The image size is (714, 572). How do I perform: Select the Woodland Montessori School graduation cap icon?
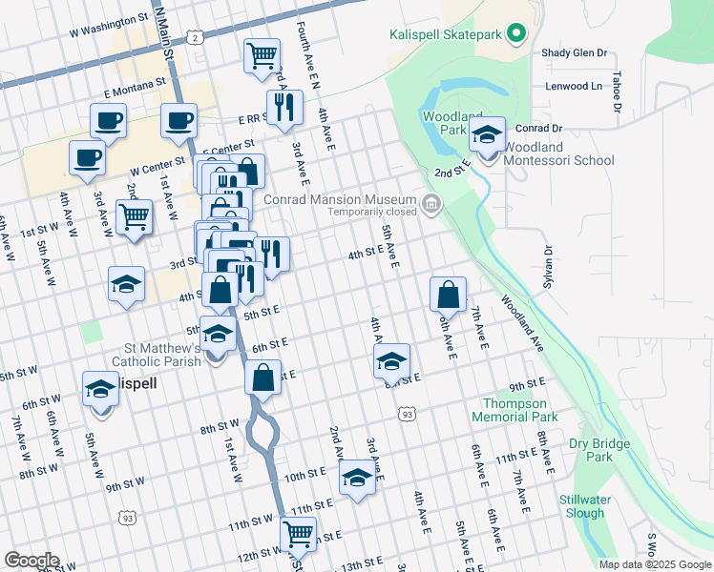(487, 136)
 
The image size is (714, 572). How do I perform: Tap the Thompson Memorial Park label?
(514, 410)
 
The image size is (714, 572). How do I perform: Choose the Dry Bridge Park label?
(598, 450)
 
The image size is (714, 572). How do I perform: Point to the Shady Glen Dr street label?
(574, 54)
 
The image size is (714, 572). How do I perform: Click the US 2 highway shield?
(195, 37)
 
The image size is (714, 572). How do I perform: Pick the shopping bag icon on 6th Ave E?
(448, 295)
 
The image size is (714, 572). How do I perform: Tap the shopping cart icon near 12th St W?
(298, 533)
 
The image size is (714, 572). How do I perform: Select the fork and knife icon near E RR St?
(284, 108)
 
